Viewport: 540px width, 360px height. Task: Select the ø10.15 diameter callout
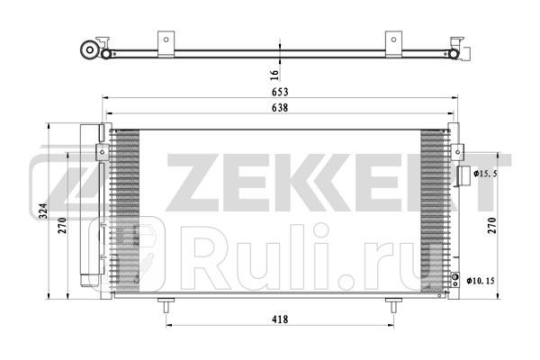click(x=483, y=281)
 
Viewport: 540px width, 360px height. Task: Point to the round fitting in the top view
click(x=90, y=50)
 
